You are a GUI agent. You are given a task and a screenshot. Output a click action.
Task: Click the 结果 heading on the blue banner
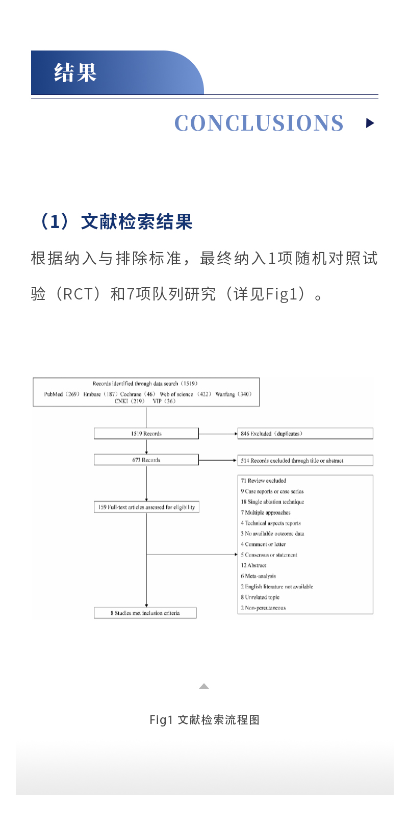pos(75,72)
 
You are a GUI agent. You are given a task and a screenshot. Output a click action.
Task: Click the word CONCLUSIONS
pos(259,123)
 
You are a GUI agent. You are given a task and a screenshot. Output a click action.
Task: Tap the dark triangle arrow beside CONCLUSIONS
pos(370,123)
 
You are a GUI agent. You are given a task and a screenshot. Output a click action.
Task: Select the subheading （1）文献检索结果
pos(115,222)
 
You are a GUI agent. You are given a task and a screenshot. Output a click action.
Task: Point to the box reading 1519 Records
pos(146,434)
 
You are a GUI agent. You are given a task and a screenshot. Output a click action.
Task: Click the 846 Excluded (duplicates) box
pos(305,434)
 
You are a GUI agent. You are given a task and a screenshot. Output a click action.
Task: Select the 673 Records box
pos(146,460)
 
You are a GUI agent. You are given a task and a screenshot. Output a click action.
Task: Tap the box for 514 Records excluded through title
pos(305,461)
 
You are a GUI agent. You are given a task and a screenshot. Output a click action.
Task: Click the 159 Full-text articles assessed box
pos(146,507)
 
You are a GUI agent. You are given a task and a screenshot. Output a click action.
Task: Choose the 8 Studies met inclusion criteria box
pos(145,613)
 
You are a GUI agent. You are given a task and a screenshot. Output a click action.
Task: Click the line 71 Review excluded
pos(264,481)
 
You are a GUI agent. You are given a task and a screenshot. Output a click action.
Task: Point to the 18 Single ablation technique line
pos(272,502)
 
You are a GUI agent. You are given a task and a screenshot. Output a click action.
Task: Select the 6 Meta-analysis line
pos(259,576)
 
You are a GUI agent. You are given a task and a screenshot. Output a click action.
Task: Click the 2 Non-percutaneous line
pos(263,608)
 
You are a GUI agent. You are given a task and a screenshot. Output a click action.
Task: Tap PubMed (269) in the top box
pos(62,394)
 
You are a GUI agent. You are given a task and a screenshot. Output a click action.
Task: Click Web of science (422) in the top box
pos(186,394)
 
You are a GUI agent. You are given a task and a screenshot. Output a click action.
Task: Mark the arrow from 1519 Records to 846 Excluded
pos(218,434)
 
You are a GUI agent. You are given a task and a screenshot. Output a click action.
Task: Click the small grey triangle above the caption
pos(204,686)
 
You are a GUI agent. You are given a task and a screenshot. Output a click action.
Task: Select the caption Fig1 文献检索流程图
pos(204,720)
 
